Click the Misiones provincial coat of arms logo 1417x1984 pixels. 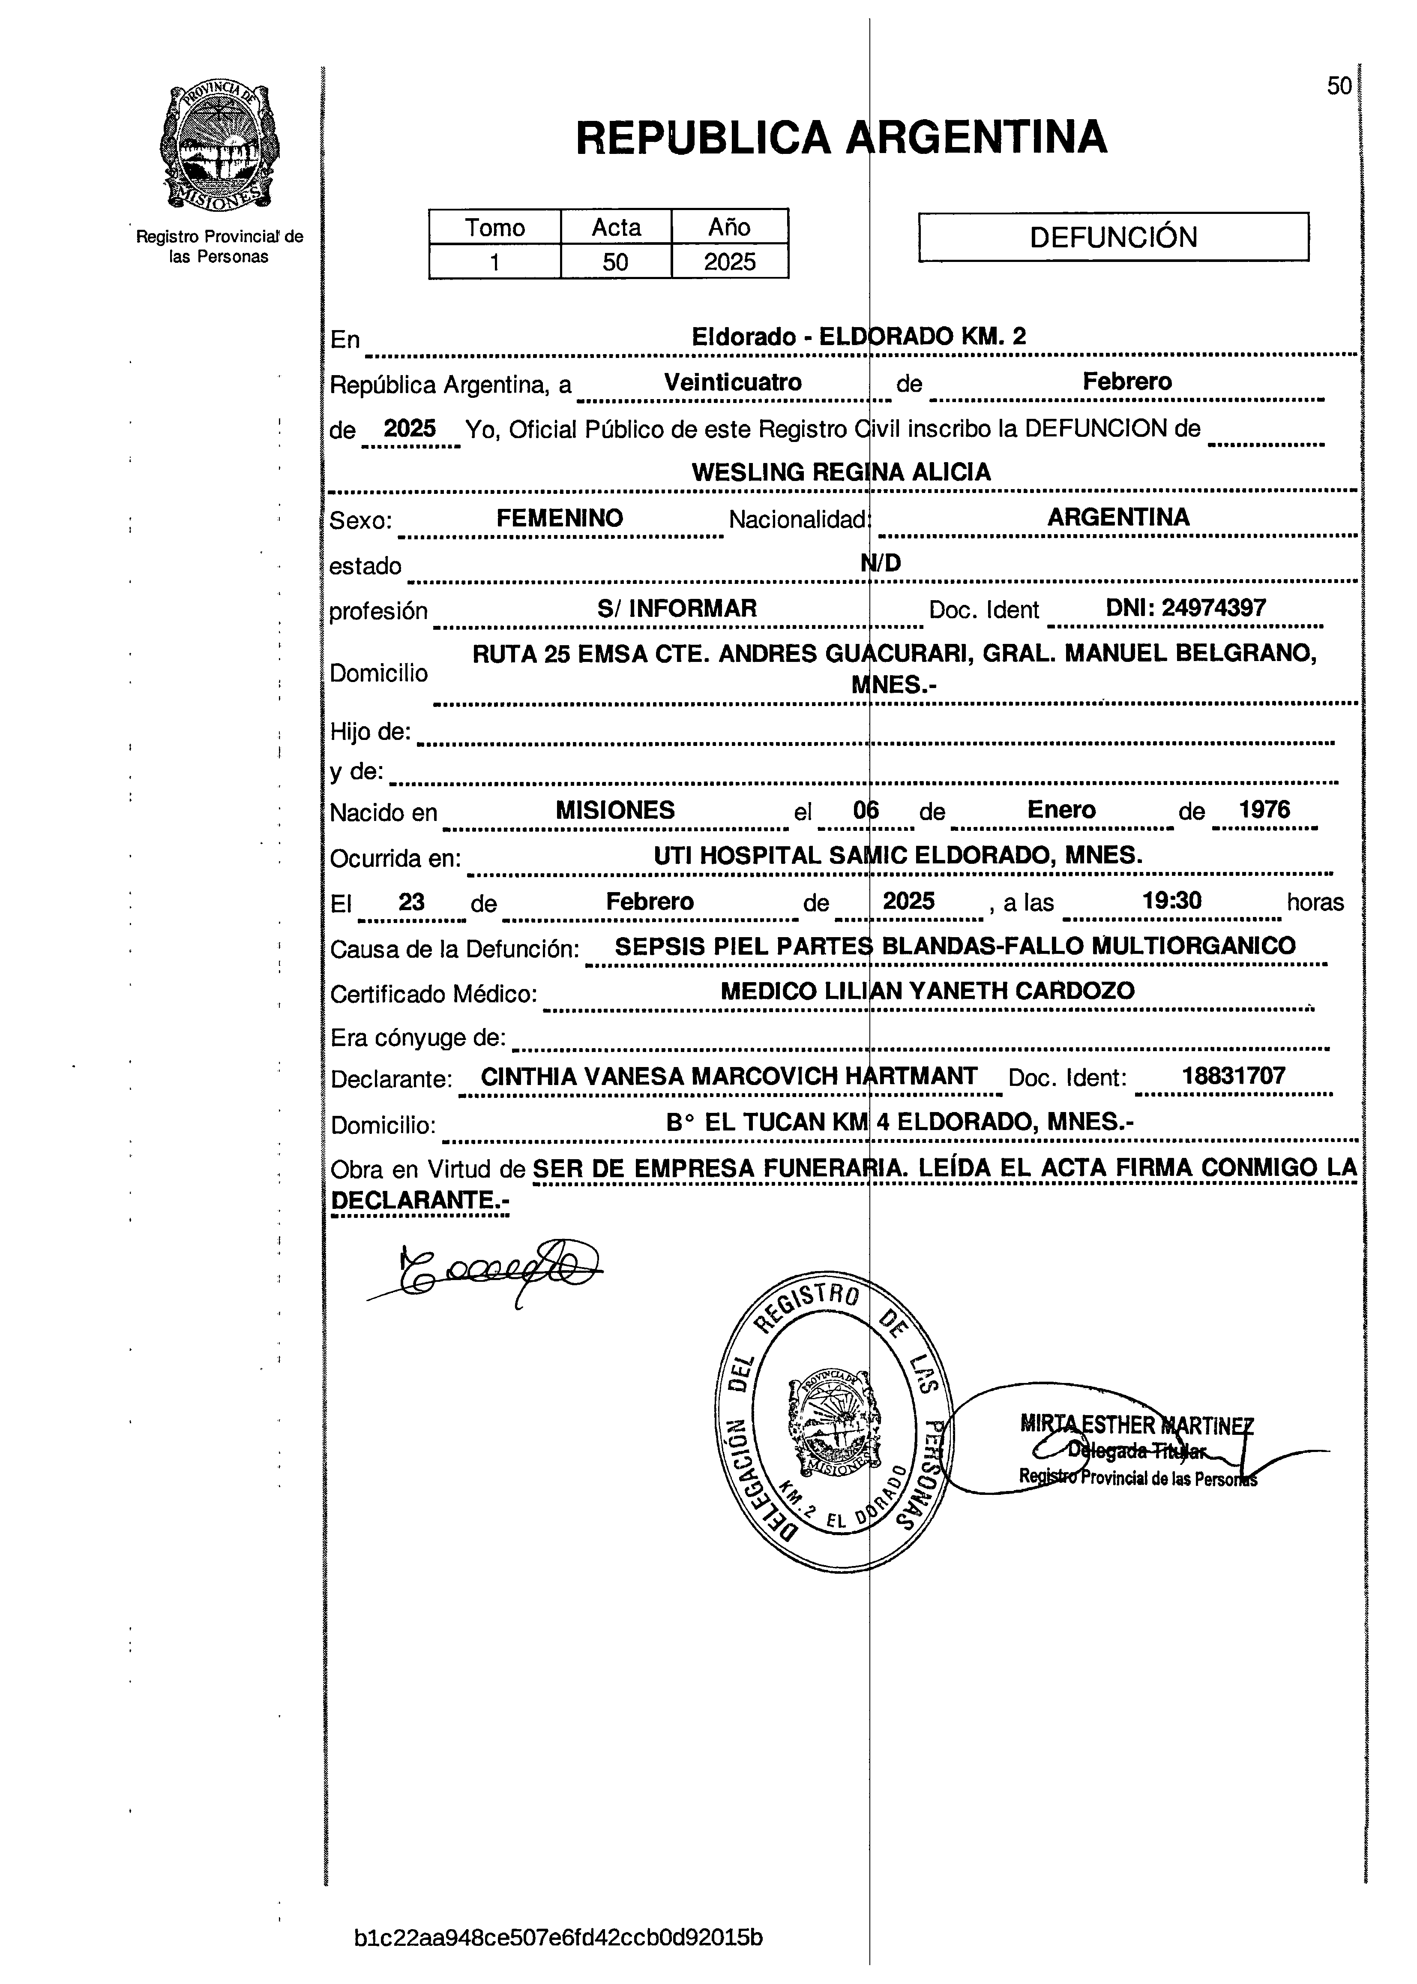[x=220, y=147]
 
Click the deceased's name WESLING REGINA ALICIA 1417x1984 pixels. [x=841, y=472]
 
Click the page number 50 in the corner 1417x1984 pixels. [x=1339, y=86]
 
